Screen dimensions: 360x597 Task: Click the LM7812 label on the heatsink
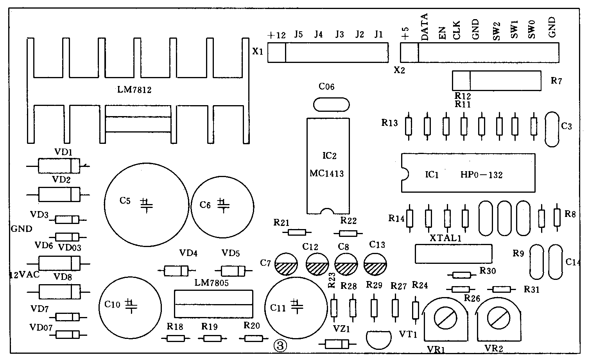point(134,90)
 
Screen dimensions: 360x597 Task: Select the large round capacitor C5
point(146,204)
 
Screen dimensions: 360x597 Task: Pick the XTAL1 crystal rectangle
point(453,253)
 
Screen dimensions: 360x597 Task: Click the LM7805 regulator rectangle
point(213,304)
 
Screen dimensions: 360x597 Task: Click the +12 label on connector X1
point(276,35)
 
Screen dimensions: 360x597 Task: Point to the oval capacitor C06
point(331,104)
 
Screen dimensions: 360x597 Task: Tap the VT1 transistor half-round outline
point(378,339)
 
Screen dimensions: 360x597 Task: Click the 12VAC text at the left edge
point(24,275)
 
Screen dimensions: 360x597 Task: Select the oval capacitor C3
point(552,129)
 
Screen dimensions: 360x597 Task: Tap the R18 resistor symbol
point(175,338)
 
